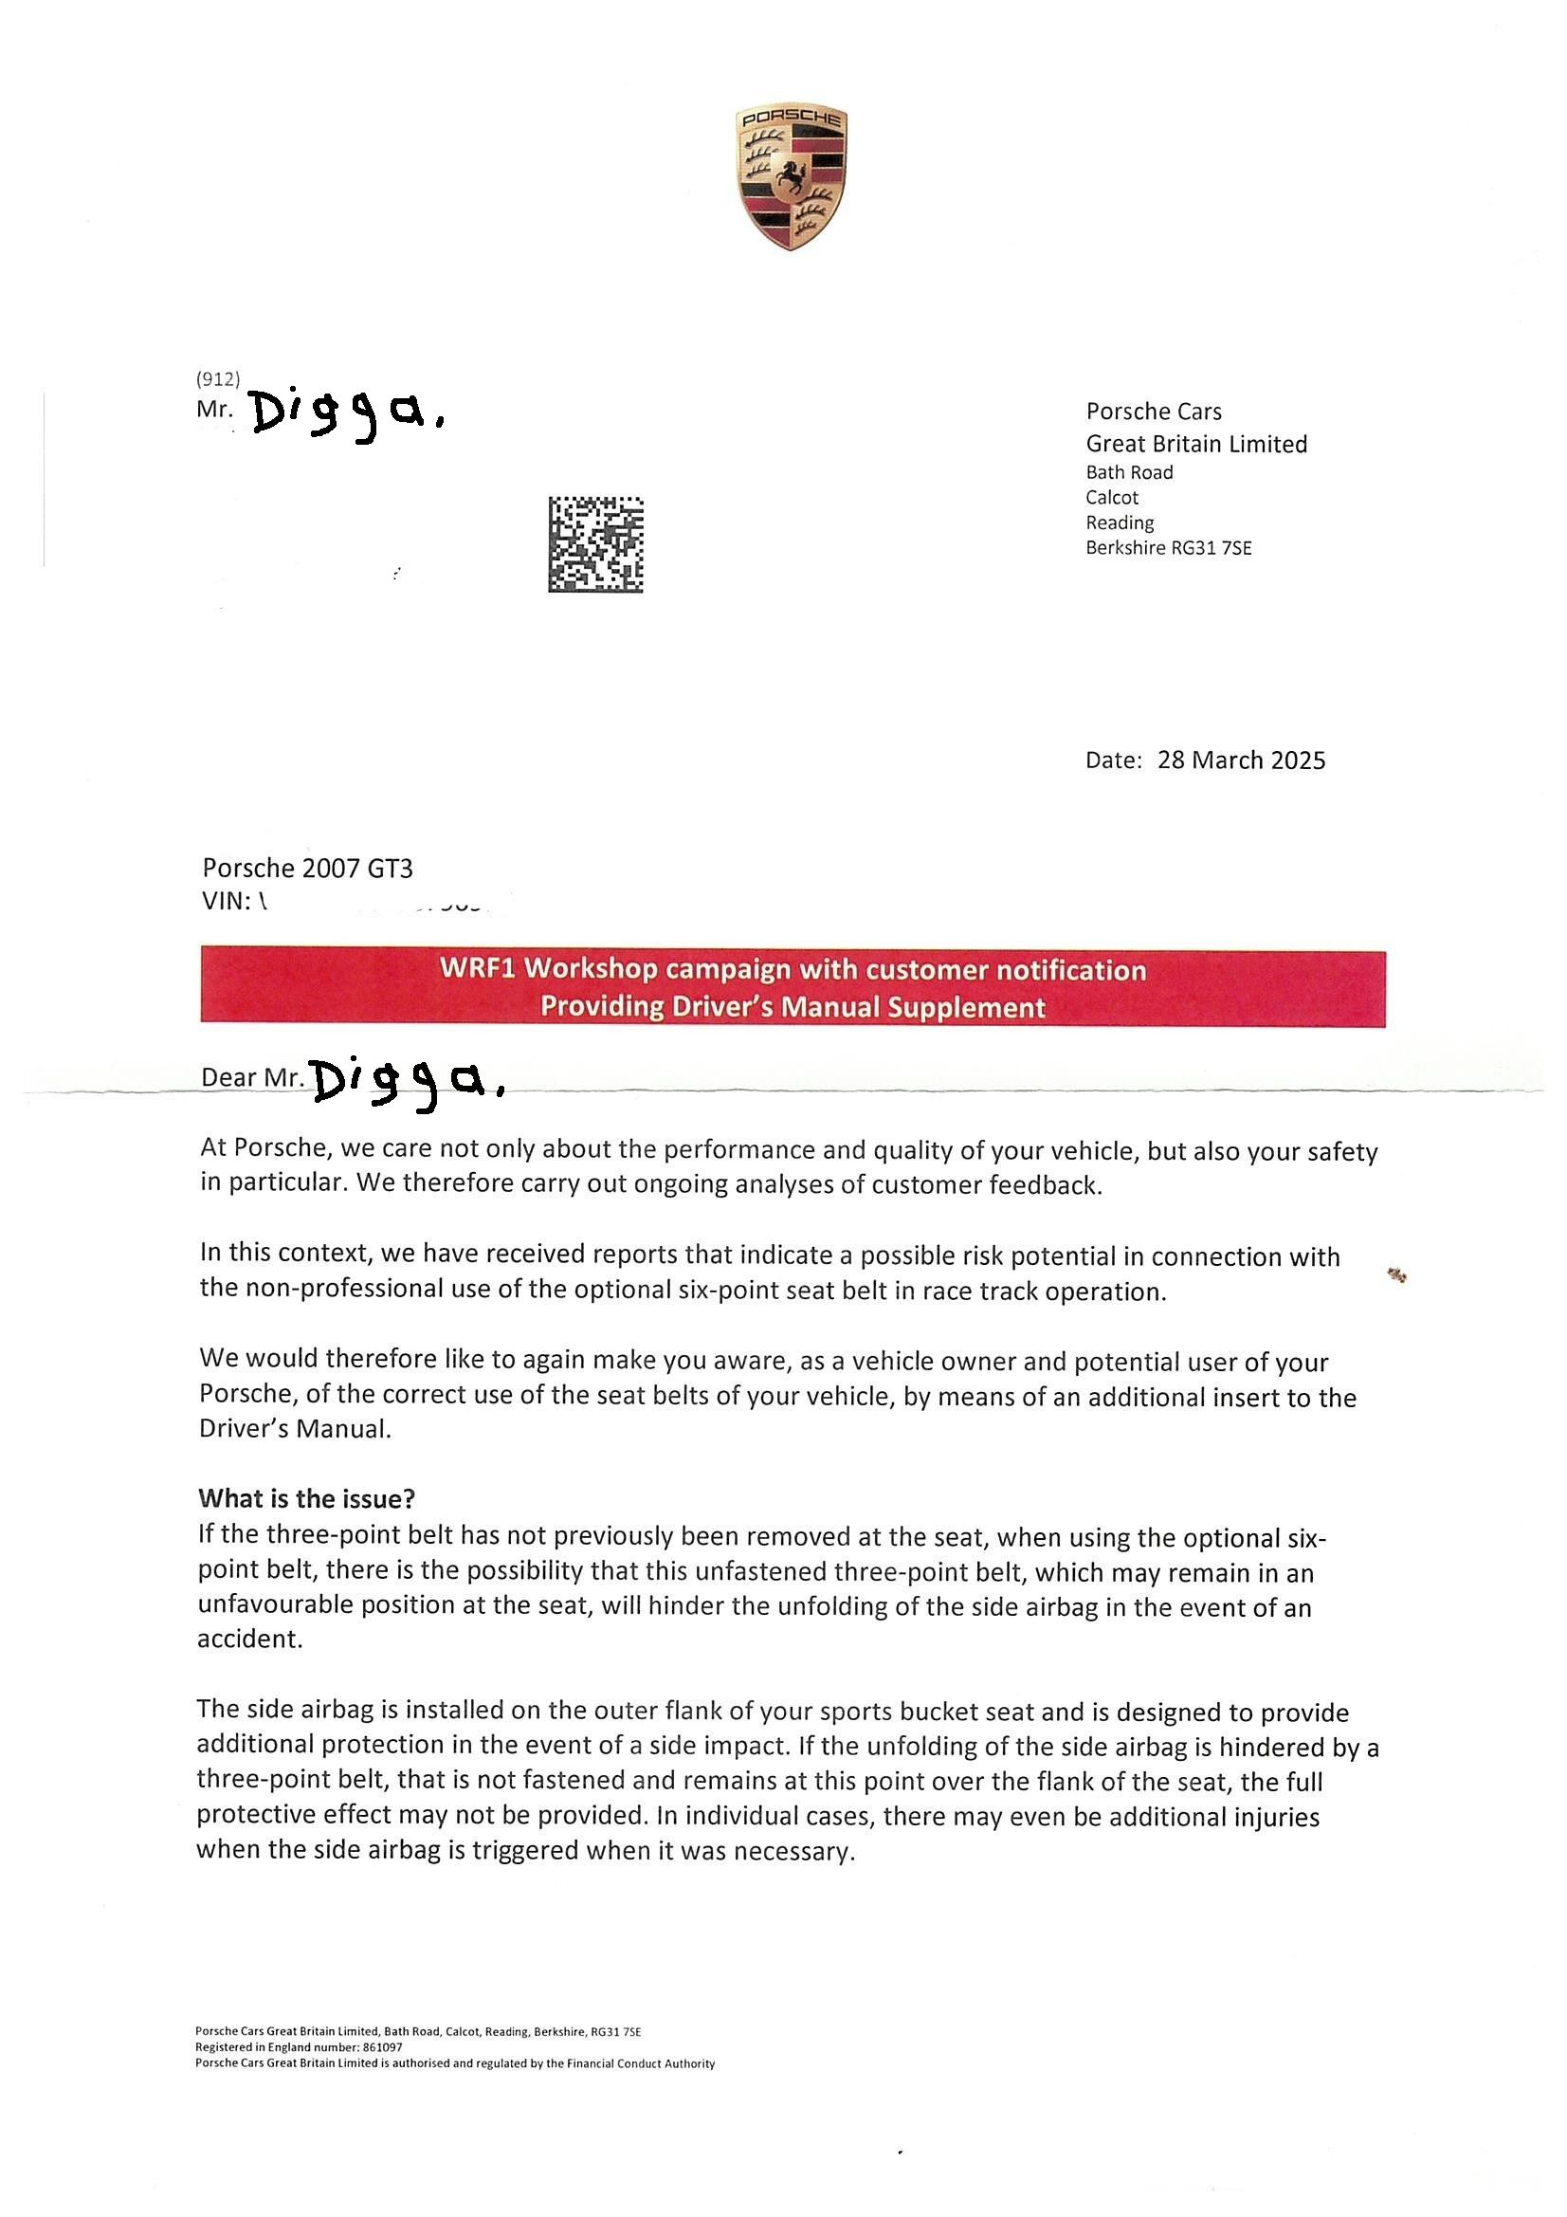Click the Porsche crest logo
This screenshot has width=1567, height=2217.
coord(791,177)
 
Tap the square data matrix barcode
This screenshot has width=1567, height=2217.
coord(595,544)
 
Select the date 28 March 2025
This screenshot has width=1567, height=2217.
coord(1241,760)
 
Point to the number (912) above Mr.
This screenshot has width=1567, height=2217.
coord(217,379)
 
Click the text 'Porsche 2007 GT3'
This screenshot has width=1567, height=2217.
coord(307,869)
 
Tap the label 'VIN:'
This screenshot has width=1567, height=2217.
coord(226,902)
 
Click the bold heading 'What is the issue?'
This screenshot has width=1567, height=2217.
coord(306,1497)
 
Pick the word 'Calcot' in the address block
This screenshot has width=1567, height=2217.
coord(1111,497)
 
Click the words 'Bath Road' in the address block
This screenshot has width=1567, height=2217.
coord(1129,472)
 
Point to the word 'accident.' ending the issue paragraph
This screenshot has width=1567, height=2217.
coord(250,1639)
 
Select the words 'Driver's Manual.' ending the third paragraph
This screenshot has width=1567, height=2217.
coord(295,1429)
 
